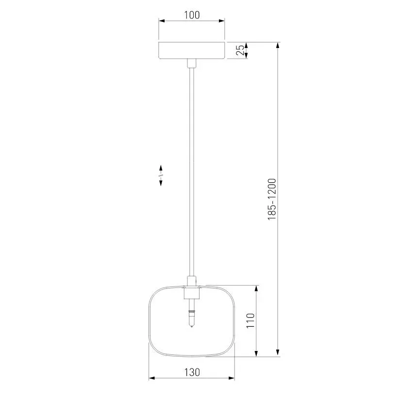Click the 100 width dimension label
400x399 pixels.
(192, 15)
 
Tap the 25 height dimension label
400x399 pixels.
(240, 50)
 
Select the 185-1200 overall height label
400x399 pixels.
(272, 199)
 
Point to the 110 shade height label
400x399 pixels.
(250, 321)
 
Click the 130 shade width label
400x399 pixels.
(192, 372)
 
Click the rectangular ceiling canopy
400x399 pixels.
(192, 50)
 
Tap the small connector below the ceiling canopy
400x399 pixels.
(192, 63)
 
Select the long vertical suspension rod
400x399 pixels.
(192, 172)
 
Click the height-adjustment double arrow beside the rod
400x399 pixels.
(161, 176)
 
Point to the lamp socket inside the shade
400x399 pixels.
(192, 293)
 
